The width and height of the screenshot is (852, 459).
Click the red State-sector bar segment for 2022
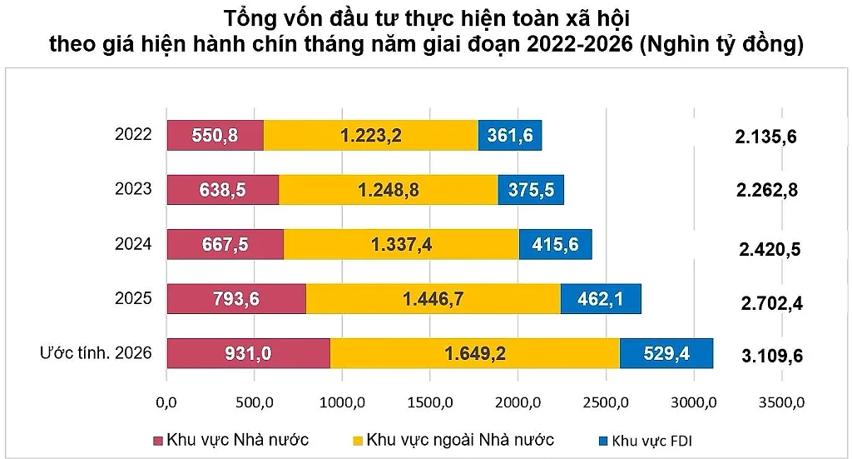click(x=215, y=135)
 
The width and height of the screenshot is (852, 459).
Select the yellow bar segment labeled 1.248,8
click(x=389, y=190)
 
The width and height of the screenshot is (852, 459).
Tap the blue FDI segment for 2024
click(x=555, y=244)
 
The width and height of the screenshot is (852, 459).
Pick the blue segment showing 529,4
click(x=666, y=353)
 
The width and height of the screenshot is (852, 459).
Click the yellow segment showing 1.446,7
click(x=433, y=298)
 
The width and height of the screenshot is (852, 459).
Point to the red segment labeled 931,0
click(x=248, y=353)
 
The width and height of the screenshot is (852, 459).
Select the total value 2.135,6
click(x=765, y=137)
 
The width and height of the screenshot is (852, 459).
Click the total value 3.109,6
click(x=772, y=357)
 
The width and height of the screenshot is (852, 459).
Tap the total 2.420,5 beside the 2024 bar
click(x=770, y=249)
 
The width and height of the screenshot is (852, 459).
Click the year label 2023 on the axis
click(x=133, y=189)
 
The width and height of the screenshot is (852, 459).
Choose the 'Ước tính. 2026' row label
click(x=96, y=353)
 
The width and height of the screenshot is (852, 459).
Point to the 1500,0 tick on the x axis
click(x=430, y=403)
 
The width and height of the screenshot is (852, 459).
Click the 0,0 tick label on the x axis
click(x=166, y=403)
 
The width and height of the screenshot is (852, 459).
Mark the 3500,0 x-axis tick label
click(x=781, y=403)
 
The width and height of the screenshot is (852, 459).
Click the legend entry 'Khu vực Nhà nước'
click(x=231, y=440)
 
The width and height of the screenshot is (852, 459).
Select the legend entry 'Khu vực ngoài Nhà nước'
click(x=453, y=440)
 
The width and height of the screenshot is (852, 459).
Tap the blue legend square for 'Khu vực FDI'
click(x=602, y=441)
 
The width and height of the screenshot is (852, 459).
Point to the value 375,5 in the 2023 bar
click(x=531, y=190)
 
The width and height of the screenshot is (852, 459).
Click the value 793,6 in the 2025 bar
click(x=235, y=298)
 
